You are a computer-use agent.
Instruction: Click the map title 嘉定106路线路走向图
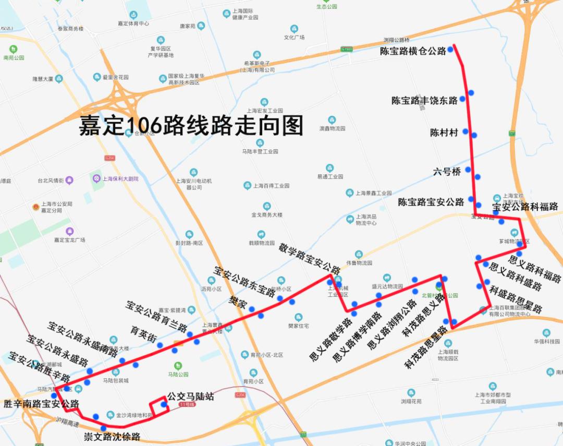coord(191,126)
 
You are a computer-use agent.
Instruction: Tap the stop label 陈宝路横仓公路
coord(413,51)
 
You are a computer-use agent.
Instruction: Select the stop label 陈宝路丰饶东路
coord(424,101)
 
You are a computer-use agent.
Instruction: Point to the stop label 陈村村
coord(444,132)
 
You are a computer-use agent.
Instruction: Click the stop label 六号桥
coord(447,171)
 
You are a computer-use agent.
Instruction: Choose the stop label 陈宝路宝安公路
coord(431,202)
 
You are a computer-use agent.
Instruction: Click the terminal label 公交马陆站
coord(191,397)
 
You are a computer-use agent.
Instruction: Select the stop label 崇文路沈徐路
coord(112,437)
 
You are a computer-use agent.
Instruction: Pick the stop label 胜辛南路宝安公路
coord(41,404)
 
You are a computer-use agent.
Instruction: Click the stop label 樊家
coord(238,302)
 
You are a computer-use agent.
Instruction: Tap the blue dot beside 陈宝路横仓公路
coord(450,50)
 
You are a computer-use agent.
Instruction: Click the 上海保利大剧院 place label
coord(120,178)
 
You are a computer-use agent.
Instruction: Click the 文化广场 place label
coord(294,38)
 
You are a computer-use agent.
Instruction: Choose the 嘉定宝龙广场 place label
coord(69,240)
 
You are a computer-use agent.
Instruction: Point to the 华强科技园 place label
coord(546,342)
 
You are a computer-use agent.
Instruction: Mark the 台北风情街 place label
coord(51,180)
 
